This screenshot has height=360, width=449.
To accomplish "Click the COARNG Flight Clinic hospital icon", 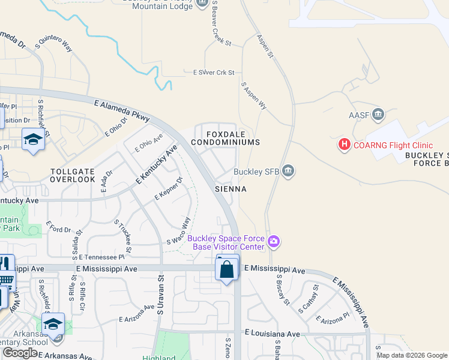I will pyautogui.click(x=345, y=145).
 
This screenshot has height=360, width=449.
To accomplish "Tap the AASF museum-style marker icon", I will pyautogui.click(x=378, y=114).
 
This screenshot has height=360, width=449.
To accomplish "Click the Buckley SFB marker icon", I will pyautogui.click(x=288, y=172).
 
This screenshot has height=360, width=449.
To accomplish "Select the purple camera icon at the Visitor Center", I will pyautogui.click(x=274, y=242).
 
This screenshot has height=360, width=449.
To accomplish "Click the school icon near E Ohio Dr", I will pyautogui.click(x=33, y=140).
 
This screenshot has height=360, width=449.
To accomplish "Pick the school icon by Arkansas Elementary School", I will pyautogui.click(x=53, y=324).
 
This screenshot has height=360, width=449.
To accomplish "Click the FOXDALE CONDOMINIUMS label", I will pyautogui.click(x=225, y=138).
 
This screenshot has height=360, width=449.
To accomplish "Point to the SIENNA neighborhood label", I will pyautogui.click(x=231, y=188).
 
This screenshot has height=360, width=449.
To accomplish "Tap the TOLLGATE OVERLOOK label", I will pyautogui.click(x=73, y=175).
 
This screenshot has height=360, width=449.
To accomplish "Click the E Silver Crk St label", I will pyautogui.click(x=213, y=73).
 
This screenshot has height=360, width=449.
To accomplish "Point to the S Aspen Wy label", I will pyautogui.click(x=254, y=95).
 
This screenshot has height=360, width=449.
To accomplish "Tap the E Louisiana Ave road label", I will pyautogui.click(x=272, y=332).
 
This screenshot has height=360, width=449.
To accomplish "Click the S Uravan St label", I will pyautogui.click(x=160, y=294).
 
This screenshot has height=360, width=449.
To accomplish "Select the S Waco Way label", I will pyautogui.click(x=178, y=231).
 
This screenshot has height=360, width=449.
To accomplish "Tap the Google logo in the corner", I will pyautogui.click(x=20, y=353).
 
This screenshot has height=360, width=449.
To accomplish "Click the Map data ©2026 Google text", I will pyautogui.click(x=412, y=355).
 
